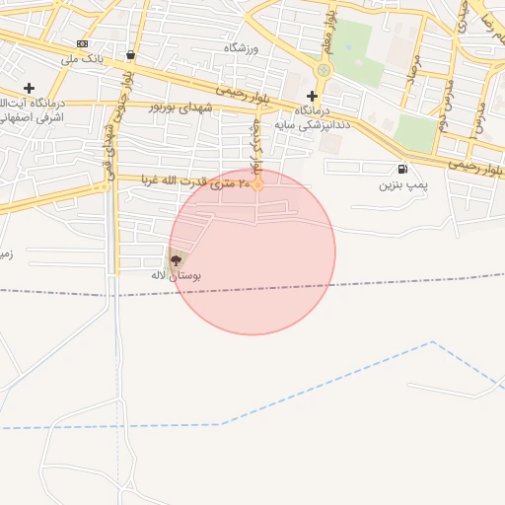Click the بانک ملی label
click(83, 60)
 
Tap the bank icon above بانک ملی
click(82, 44)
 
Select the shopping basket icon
click(131, 54)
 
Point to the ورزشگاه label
click(241, 48)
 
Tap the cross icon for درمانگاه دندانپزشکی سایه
click(312, 96)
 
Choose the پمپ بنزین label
click(402, 184)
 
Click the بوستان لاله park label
click(176, 275)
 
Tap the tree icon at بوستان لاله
click(176, 260)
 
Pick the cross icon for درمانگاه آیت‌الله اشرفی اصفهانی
click(29, 88)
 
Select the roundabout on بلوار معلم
click(323, 70)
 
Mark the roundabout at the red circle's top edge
click(257, 183)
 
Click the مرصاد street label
click(415, 70)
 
